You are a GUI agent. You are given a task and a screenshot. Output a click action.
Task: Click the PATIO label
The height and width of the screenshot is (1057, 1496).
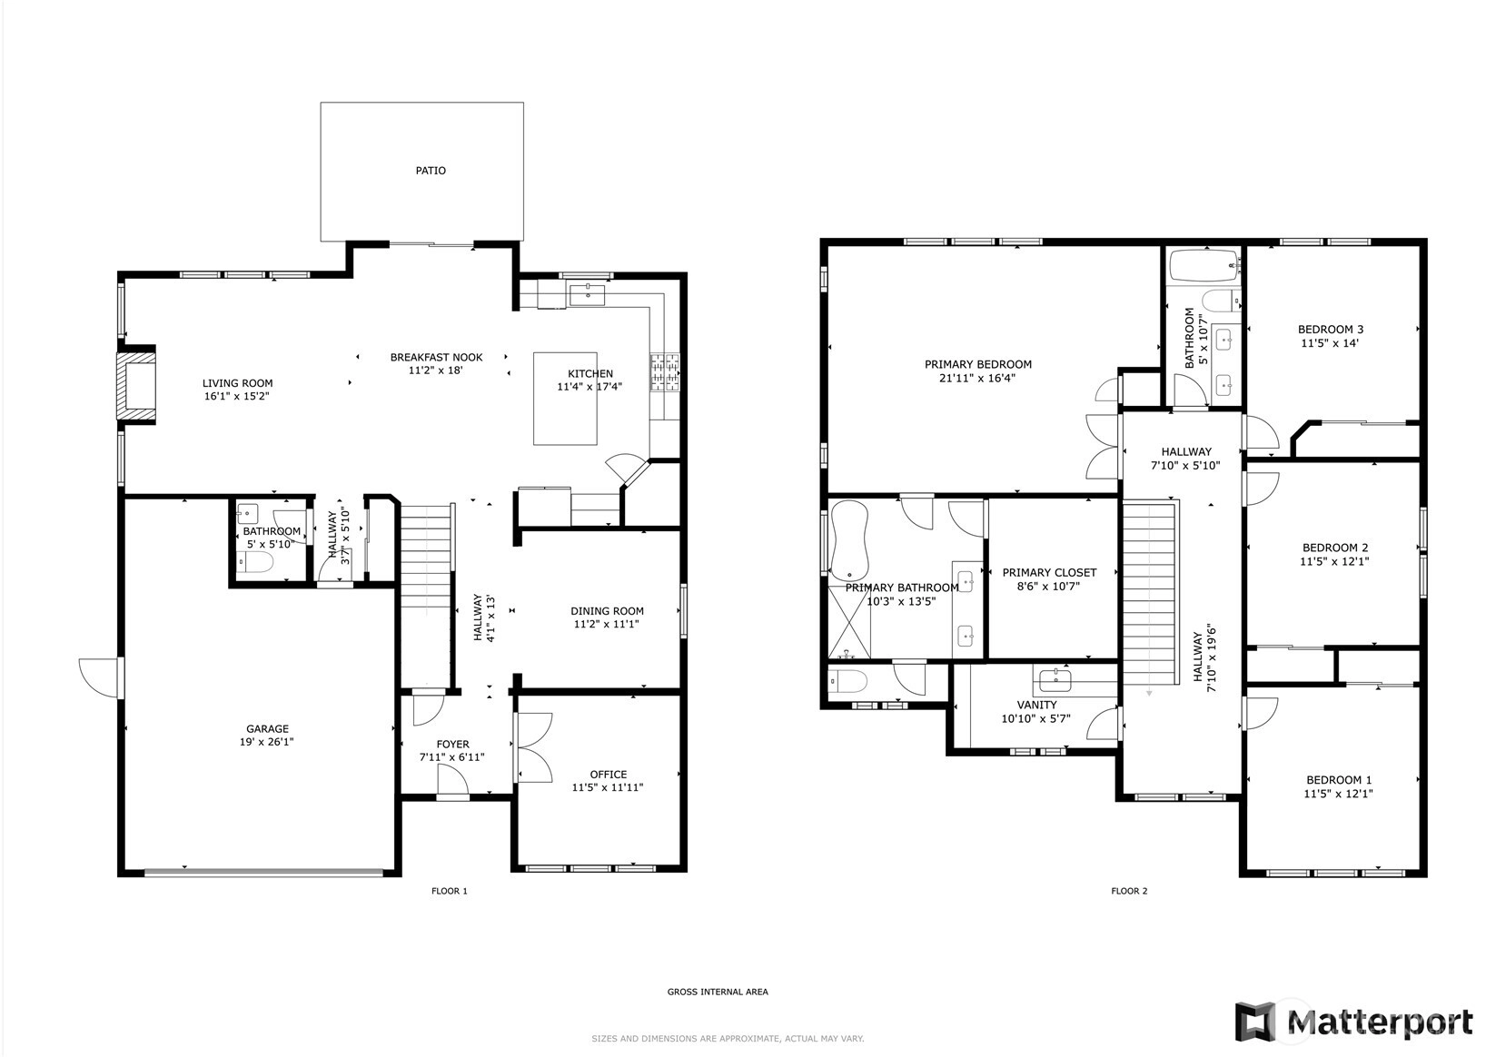[431, 171]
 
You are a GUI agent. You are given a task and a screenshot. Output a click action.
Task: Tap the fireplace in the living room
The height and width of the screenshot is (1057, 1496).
[136, 385]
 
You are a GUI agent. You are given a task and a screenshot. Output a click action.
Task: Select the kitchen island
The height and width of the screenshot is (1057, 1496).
[565, 399]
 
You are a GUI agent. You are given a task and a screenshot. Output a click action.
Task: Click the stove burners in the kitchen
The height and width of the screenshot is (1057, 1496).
[665, 372]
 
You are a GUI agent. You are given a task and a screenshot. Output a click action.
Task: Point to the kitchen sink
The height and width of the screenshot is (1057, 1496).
[587, 294]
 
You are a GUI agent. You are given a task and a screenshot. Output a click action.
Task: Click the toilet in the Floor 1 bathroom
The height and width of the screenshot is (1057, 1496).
[256, 563]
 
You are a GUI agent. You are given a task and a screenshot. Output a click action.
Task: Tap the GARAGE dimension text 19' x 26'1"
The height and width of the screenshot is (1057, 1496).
[267, 742]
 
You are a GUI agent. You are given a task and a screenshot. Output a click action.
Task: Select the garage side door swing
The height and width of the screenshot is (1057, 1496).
[100, 677]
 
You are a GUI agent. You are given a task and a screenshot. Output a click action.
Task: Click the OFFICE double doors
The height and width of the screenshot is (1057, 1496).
[533, 747]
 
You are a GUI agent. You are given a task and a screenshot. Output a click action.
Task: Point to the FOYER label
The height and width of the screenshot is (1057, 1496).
[453, 744]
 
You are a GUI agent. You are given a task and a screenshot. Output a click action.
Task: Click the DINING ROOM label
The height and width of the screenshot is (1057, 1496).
[607, 611]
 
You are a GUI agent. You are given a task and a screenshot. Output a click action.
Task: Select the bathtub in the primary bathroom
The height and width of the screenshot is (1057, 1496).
[848, 541]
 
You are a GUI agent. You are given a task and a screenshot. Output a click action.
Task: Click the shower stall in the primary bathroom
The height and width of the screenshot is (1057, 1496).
[849, 622]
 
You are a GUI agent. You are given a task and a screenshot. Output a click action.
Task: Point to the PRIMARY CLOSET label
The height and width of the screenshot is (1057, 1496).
[1049, 573]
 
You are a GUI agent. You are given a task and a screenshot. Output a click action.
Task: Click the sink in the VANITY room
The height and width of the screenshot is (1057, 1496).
[1055, 681]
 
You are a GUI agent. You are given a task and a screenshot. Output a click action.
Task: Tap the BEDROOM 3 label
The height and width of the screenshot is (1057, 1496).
[1331, 330]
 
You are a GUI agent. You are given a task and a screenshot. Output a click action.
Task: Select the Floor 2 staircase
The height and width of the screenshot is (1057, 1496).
[1148, 594]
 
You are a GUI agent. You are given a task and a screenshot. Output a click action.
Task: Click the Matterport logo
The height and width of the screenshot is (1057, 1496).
[1353, 1022]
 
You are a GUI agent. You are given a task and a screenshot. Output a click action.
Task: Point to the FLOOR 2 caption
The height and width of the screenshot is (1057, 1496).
[1129, 891]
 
